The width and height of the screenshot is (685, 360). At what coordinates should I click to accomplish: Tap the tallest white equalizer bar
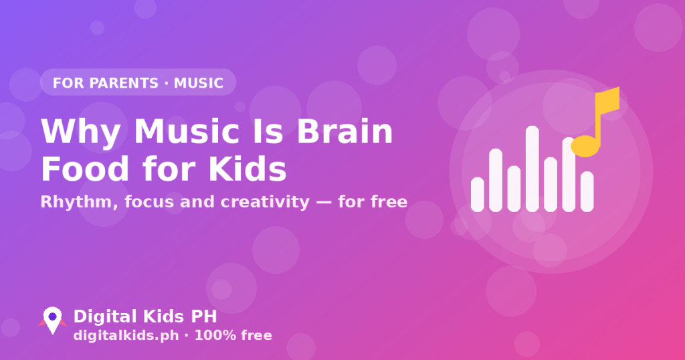point(532,169)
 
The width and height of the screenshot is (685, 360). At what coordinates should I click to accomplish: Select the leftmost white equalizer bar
point(478,195)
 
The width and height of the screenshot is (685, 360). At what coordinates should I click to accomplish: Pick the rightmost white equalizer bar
point(587,191)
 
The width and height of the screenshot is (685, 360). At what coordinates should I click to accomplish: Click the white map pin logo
point(52,320)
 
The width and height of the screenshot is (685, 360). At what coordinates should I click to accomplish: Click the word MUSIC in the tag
point(199,83)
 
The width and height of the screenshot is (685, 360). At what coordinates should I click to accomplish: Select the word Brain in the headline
point(345,132)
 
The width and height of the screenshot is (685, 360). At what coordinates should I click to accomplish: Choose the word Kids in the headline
point(248,169)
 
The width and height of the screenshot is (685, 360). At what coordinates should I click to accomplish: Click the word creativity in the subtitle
point(265,202)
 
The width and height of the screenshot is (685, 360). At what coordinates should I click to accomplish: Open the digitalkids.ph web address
point(126,335)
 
